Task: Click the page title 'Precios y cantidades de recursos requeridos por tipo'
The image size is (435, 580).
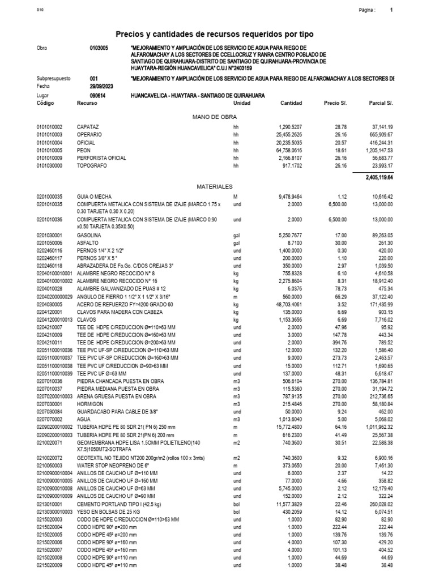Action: pyautogui.click(x=214, y=35)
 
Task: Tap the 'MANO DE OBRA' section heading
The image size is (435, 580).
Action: pyautogui.click(x=214, y=116)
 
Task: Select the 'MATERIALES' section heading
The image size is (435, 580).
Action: pyautogui.click(x=214, y=186)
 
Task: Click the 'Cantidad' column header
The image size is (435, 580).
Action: pyautogui.click(x=291, y=103)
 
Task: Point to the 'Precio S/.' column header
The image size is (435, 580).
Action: pyautogui.click(x=335, y=103)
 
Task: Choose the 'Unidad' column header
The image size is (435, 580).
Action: pyautogui.click(x=242, y=103)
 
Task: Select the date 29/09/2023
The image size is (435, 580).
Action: pyautogui.click(x=102, y=86)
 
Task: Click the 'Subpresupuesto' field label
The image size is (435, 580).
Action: pyautogui.click(x=53, y=79)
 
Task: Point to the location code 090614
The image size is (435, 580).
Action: pyautogui.click(x=98, y=96)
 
